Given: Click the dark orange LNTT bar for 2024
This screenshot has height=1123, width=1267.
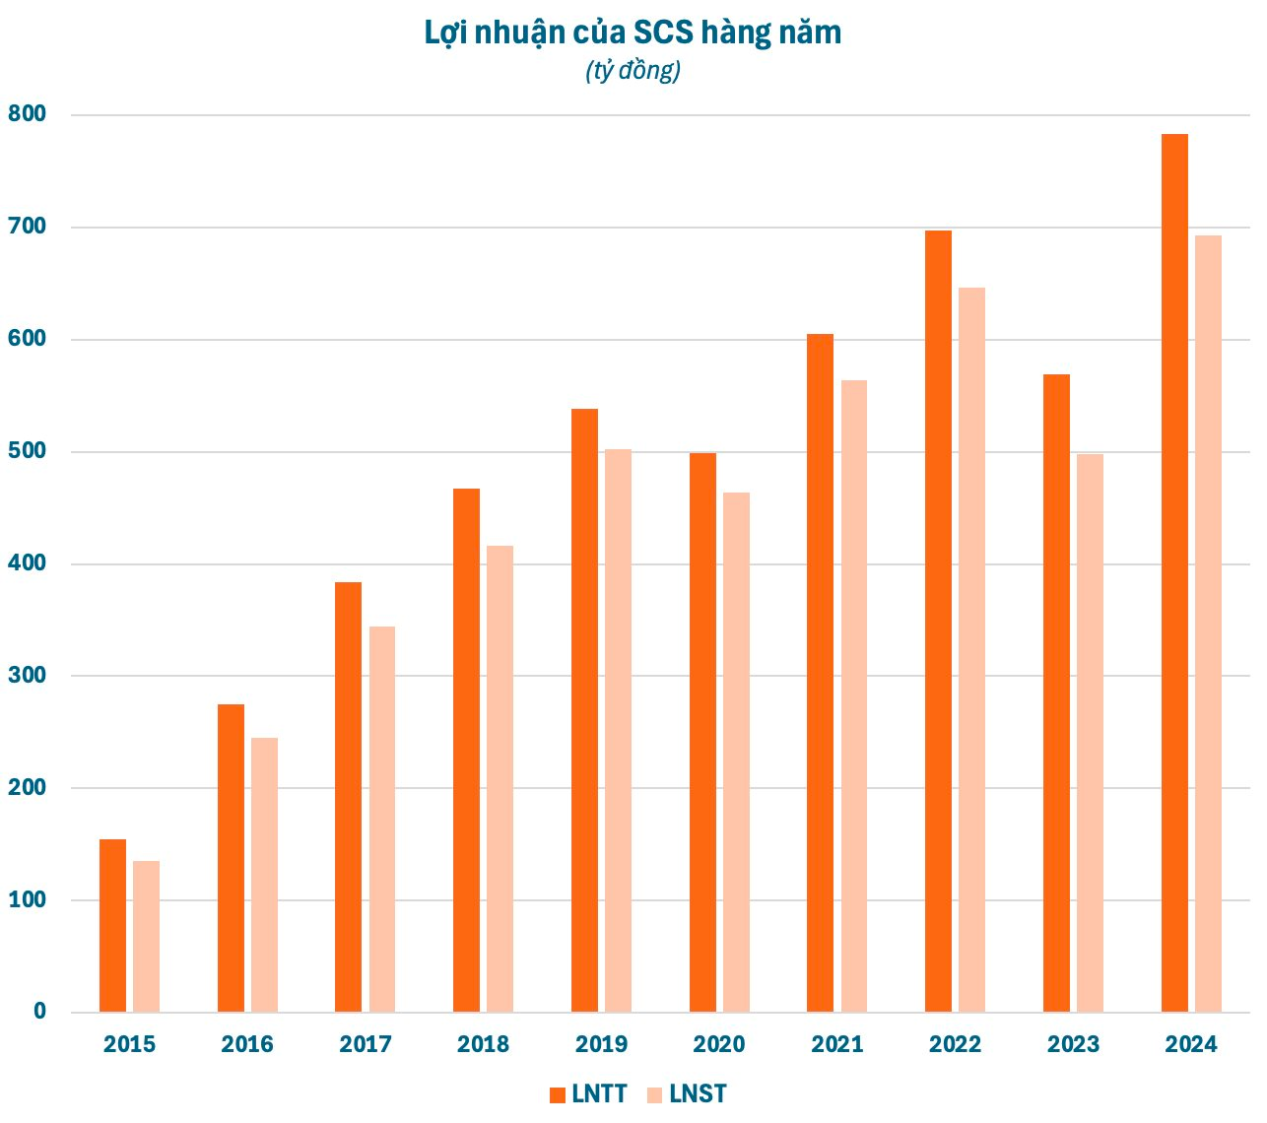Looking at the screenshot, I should click(x=1174, y=572).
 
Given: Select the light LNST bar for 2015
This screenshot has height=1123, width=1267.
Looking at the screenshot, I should click(x=146, y=936).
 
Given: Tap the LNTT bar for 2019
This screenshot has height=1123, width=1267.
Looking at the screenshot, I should click(x=584, y=710).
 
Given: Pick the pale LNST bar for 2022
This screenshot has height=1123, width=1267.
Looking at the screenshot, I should click(x=971, y=649).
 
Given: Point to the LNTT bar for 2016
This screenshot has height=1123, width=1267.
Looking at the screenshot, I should click(x=231, y=858).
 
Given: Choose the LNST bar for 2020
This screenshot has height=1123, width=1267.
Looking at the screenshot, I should click(x=736, y=752).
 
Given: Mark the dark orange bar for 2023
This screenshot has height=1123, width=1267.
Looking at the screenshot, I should click(x=1056, y=693).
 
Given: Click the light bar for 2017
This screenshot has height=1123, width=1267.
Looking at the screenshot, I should click(x=382, y=819).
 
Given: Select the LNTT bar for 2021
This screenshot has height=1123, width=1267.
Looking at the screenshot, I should click(x=820, y=673).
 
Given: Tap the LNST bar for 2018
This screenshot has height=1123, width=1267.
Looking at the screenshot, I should click(x=500, y=778).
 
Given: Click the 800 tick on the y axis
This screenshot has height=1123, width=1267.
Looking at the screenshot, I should click(x=27, y=114).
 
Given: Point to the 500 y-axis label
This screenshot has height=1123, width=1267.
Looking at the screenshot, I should click(x=27, y=451).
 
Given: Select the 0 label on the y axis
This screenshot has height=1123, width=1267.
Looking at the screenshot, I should click(x=39, y=1012).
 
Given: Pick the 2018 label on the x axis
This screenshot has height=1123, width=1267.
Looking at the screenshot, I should click(x=483, y=1044).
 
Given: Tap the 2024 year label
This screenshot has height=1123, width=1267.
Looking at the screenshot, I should click(x=1191, y=1044).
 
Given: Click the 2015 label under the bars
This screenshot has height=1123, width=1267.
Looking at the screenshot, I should click(x=129, y=1044).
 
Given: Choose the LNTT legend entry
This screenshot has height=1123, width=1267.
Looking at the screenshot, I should click(x=588, y=1094).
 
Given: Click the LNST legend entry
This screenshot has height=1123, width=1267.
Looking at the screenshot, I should click(x=687, y=1094).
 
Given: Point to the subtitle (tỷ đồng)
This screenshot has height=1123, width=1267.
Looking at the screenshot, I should click(x=633, y=71).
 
